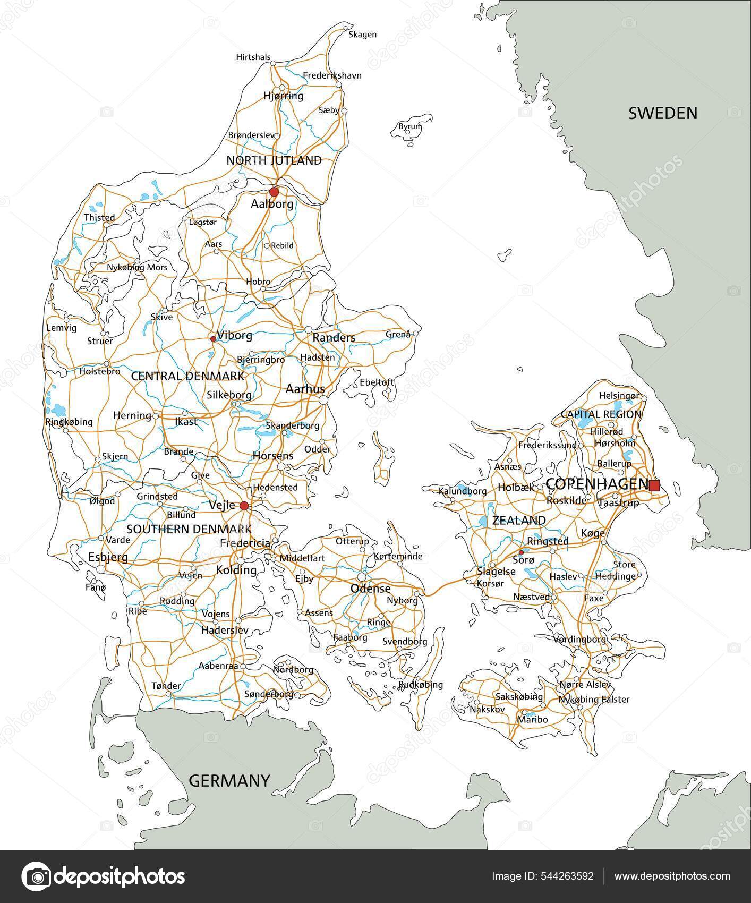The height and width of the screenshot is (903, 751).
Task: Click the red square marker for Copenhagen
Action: pos(654,485)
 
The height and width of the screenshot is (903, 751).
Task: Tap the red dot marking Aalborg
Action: pos(274,191)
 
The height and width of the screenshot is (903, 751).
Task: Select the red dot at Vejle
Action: pos(244,506)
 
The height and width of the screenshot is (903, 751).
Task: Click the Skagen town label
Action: pos(362,35)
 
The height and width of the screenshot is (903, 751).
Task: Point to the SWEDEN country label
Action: pos(662,113)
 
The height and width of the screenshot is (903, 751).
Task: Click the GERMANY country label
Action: pos(229,781)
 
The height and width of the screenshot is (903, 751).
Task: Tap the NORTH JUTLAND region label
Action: pos(274,160)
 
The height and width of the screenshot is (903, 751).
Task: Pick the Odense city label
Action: pos(370,589)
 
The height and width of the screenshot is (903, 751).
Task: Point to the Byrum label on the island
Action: pos(410,126)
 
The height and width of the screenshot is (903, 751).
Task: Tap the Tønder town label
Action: pos(166,686)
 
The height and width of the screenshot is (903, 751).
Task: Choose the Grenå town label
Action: pos(398,335)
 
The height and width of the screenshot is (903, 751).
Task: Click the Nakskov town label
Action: pos(487,709)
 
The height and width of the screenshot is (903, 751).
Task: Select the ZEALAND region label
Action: pos(518,521)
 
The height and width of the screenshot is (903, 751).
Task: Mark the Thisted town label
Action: pos(99,217)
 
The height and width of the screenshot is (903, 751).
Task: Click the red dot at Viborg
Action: pos(213,338)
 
